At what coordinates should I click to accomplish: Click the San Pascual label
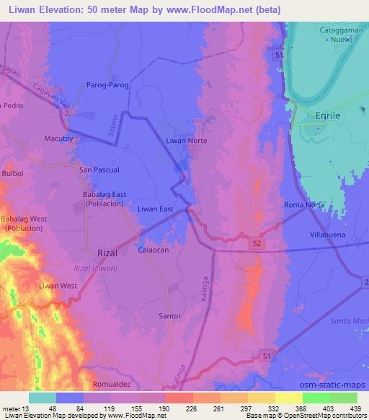99,169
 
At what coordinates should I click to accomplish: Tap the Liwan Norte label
187,141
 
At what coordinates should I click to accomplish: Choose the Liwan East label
156,209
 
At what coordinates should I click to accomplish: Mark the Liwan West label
58,286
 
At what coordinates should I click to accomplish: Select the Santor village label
169,316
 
